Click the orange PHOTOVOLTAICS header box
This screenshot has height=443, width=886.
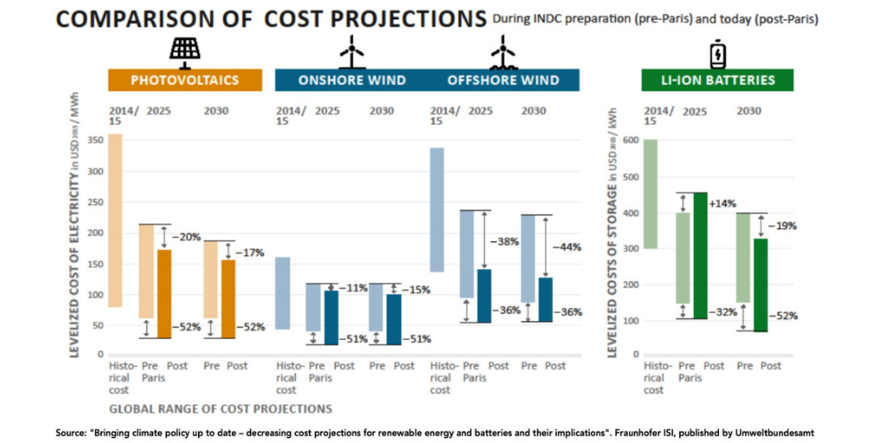pyautogui.click(x=185, y=80)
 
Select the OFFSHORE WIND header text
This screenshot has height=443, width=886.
pyautogui.click(x=503, y=80)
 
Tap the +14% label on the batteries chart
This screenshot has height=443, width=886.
pyautogui.click(x=723, y=203)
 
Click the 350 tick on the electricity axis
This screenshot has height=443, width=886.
pyautogui.click(x=97, y=140)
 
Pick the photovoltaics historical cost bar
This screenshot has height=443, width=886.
pyautogui.click(x=115, y=221)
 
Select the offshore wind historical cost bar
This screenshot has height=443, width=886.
pyautogui.click(x=437, y=209)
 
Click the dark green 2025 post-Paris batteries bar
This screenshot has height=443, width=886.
pyautogui.click(x=699, y=255)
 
